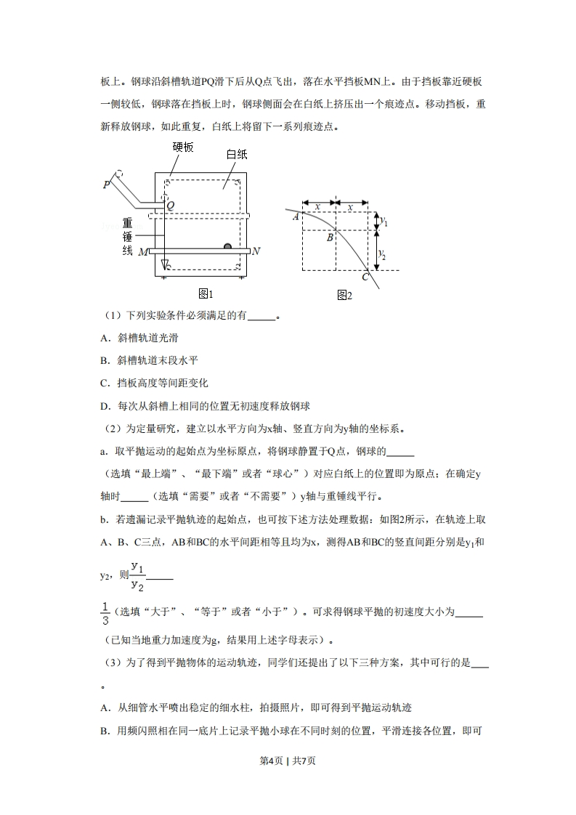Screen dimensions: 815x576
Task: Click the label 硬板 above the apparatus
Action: pyautogui.click(x=183, y=147)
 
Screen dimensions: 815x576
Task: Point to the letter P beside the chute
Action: pyautogui.click(x=106, y=185)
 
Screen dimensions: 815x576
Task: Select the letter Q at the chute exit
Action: pyautogui.click(x=170, y=206)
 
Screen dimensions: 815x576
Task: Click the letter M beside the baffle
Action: pyautogui.click(x=142, y=252)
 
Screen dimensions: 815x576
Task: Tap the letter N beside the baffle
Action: pyautogui.click(x=256, y=251)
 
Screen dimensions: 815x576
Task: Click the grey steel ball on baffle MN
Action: pyautogui.click(x=227, y=247)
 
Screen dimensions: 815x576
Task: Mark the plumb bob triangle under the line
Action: pyautogui.click(x=164, y=263)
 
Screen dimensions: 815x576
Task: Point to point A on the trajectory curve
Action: pyautogui.click(x=296, y=216)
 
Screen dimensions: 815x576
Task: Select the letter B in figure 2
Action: pyautogui.click(x=329, y=238)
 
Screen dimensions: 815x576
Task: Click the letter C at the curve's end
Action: pyautogui.click(x=366, y=277)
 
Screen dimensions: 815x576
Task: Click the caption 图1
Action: pyautogui.click(x=206, y=293)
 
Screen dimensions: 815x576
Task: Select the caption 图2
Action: pyautogui.click(x=344, y=295)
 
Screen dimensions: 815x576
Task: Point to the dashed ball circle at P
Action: pyautogui.click(x=119, y=174)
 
